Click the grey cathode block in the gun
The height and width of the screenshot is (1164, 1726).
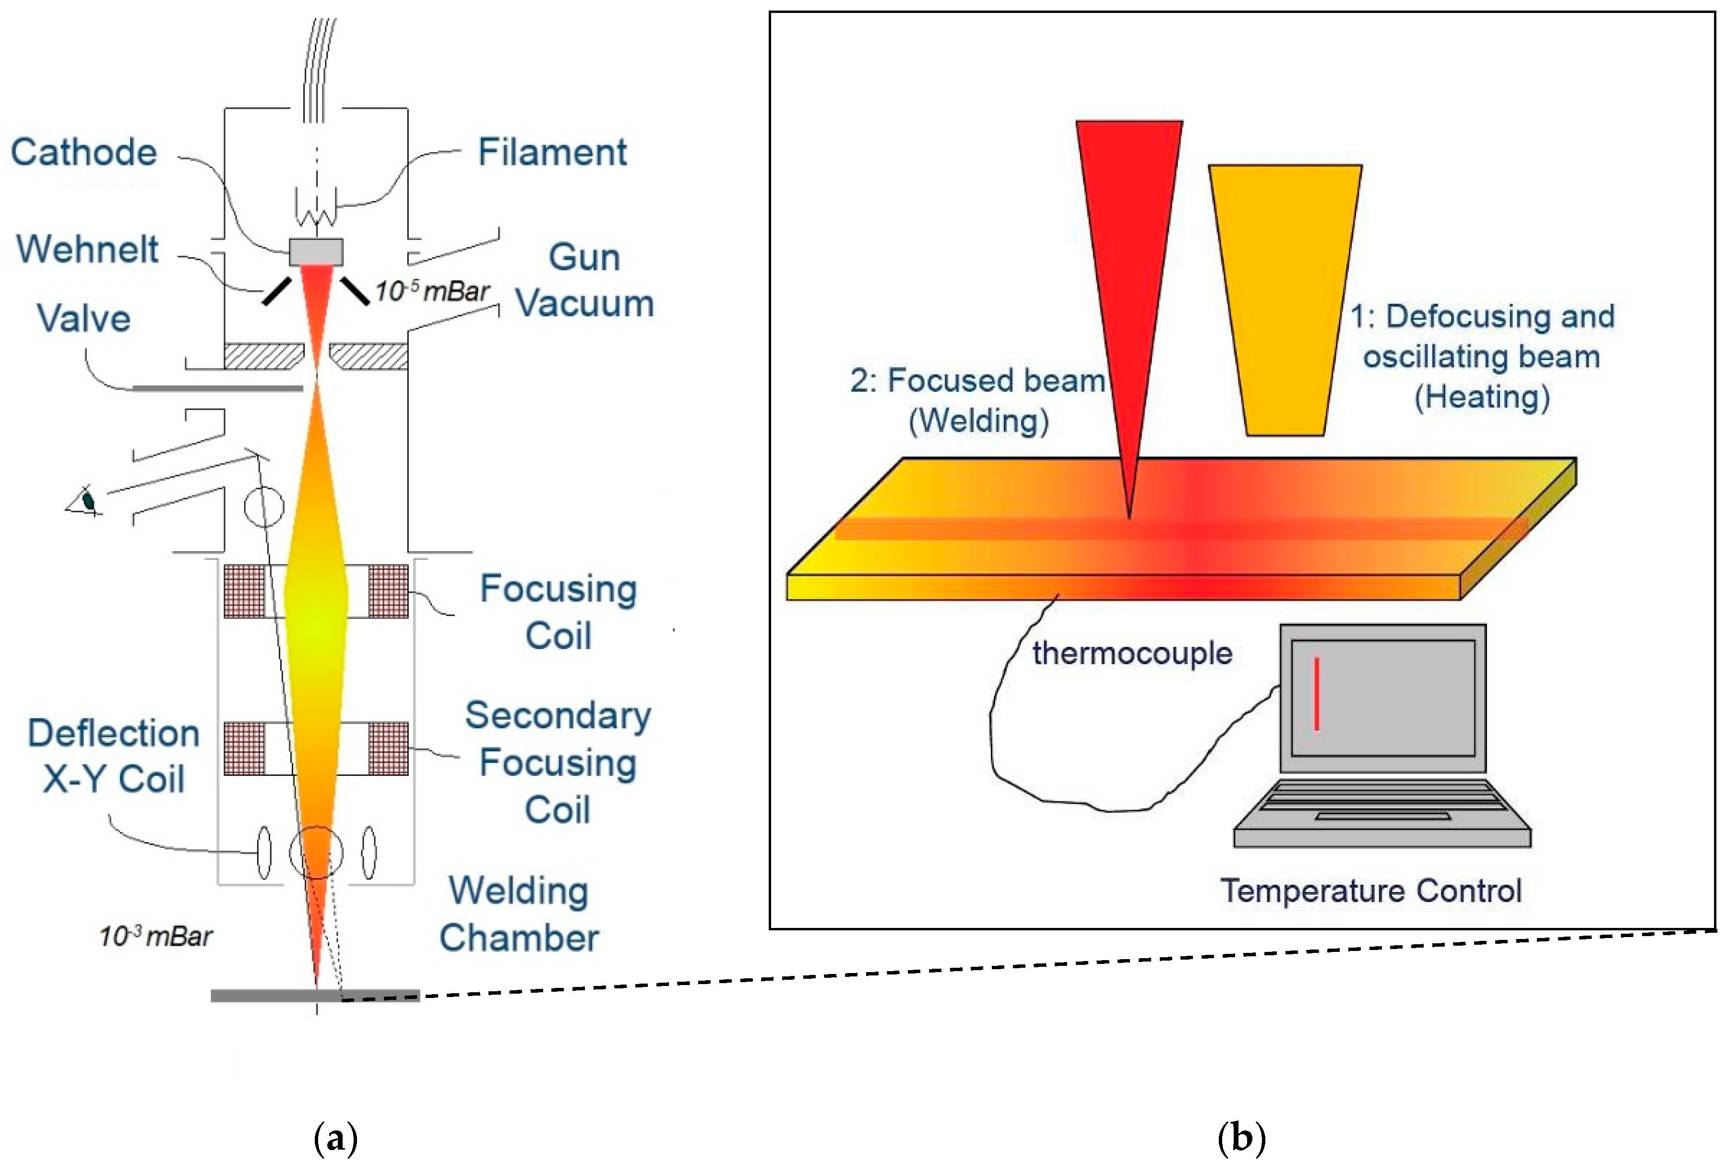coord(316,251)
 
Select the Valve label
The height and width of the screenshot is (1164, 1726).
coord(84,319)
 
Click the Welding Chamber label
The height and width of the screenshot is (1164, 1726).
coord(518,914)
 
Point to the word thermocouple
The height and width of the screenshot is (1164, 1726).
coord(1131,653)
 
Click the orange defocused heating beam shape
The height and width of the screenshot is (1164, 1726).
coord(1285,297)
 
